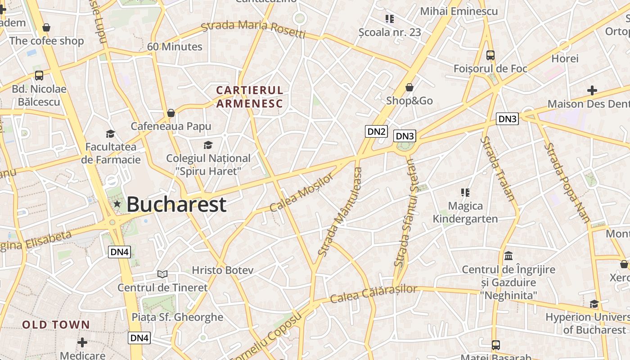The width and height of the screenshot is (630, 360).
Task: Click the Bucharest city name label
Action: click(x=176, y=205)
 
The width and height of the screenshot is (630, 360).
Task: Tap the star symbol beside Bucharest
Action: click(x=117, y=204)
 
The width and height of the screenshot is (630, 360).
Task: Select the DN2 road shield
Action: click(x=376, y=131)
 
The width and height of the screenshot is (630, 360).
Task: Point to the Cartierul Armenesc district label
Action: click(x=250, y=97)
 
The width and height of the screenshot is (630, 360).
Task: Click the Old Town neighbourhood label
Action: click(x=56, y=324)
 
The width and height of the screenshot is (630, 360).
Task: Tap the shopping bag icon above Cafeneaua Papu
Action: click(x=171, y=112)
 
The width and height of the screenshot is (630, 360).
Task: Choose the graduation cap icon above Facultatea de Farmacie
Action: click(x=110, y=134)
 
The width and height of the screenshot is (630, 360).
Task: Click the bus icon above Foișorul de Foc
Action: click(x=490, y=55)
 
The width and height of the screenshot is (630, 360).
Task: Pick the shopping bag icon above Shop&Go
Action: click(x=409, y=87)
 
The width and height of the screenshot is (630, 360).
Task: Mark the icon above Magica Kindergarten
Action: click(x=465, y=193)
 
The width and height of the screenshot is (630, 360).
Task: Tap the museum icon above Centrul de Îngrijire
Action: click(x=508, y=256)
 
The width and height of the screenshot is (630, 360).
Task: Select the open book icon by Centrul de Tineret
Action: click(x=162, y=274)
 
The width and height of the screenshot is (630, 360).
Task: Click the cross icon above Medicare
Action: click(x=82, y=342)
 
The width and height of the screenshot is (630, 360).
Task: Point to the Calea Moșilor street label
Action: click(x=302, y=192)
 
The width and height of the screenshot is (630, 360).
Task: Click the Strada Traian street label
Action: click(x=497, y=168)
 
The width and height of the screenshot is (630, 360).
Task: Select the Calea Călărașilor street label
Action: click(x=373, y=294)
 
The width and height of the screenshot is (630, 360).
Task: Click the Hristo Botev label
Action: click(x=223, y=270)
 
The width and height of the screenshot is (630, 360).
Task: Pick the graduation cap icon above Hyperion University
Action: click(x=594, y=304)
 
